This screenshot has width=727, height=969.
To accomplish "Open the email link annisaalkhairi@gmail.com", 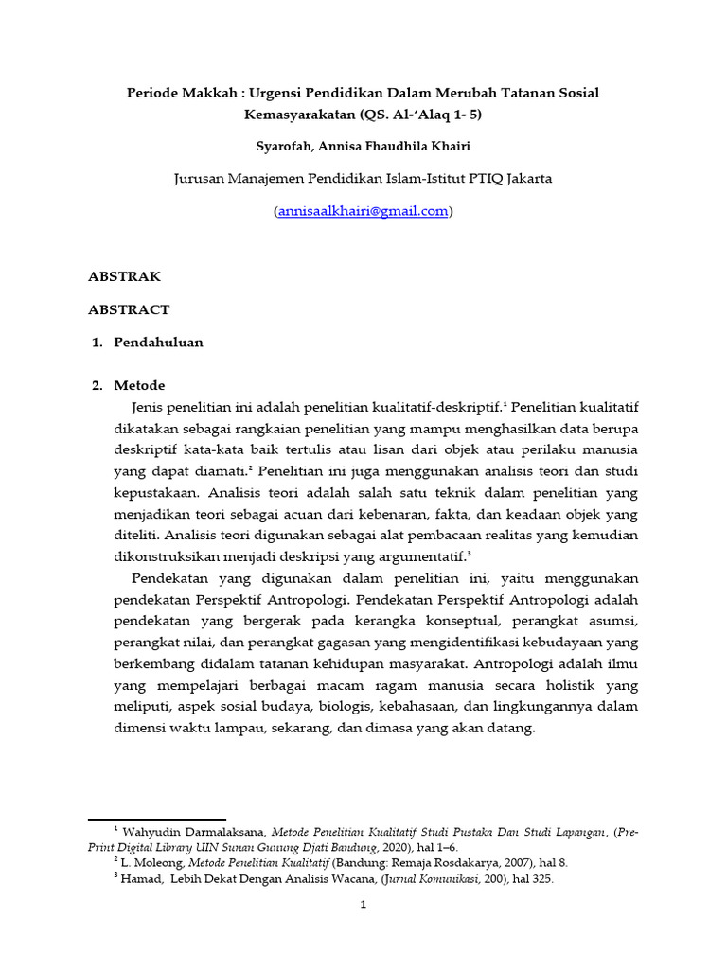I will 363,212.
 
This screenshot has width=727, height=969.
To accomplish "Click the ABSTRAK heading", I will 124,276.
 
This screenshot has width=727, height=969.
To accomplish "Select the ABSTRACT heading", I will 129,309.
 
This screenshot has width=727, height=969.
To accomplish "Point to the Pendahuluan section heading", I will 158,343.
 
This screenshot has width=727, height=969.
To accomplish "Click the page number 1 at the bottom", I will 363,906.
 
